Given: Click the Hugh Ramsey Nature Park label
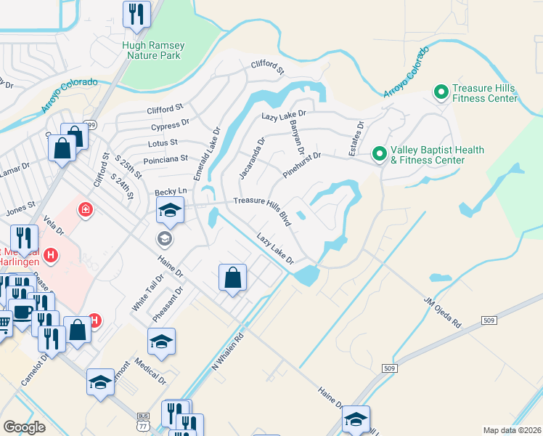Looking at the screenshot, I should click(153, 50).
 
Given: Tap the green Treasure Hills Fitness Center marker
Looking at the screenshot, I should click(440, 92).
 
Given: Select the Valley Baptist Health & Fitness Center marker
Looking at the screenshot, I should click(378, 154).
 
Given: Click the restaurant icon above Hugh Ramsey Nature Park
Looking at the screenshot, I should click(136, 15).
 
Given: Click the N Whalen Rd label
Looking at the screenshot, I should click(227, 352).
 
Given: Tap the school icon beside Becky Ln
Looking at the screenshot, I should click(170, 211).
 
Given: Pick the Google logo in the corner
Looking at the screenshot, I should click(25, 427).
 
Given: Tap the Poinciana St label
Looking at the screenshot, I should click(166, 158).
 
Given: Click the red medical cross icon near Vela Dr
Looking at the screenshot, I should click(86, 210).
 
